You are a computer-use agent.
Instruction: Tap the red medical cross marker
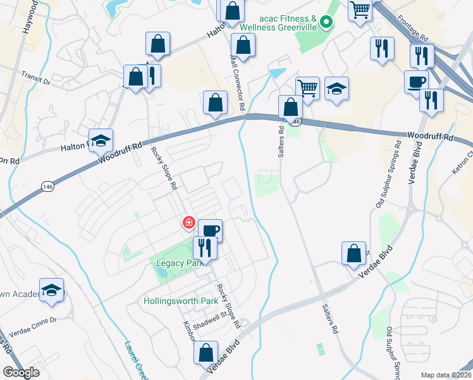coord(188,223)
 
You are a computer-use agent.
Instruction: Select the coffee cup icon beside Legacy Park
coord(210,231)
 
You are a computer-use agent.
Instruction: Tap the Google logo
coord(21,372)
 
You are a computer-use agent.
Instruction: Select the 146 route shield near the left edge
coord(48,186)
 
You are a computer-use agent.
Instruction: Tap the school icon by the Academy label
coord(51,290)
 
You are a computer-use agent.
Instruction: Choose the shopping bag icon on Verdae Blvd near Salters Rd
coord(354,253)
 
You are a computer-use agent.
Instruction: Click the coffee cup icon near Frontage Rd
coord(416,82)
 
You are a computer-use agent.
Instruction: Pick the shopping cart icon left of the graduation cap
coord(307,88)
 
